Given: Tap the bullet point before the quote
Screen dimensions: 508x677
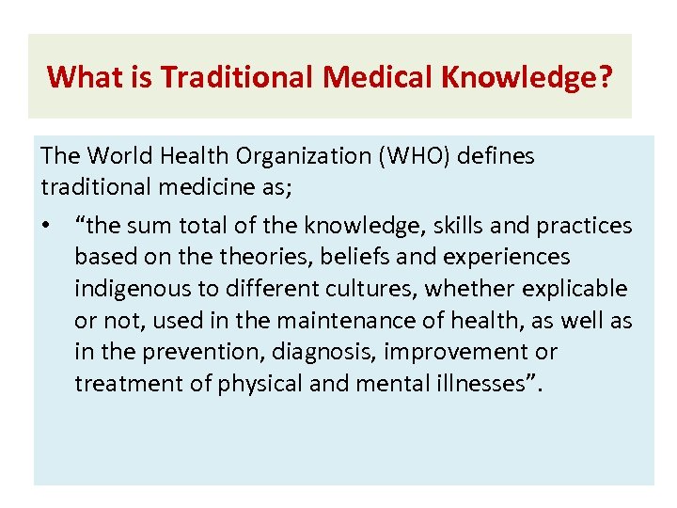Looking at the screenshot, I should (x=48, y=226).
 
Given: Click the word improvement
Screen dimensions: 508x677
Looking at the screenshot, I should (x=473, y=353).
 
